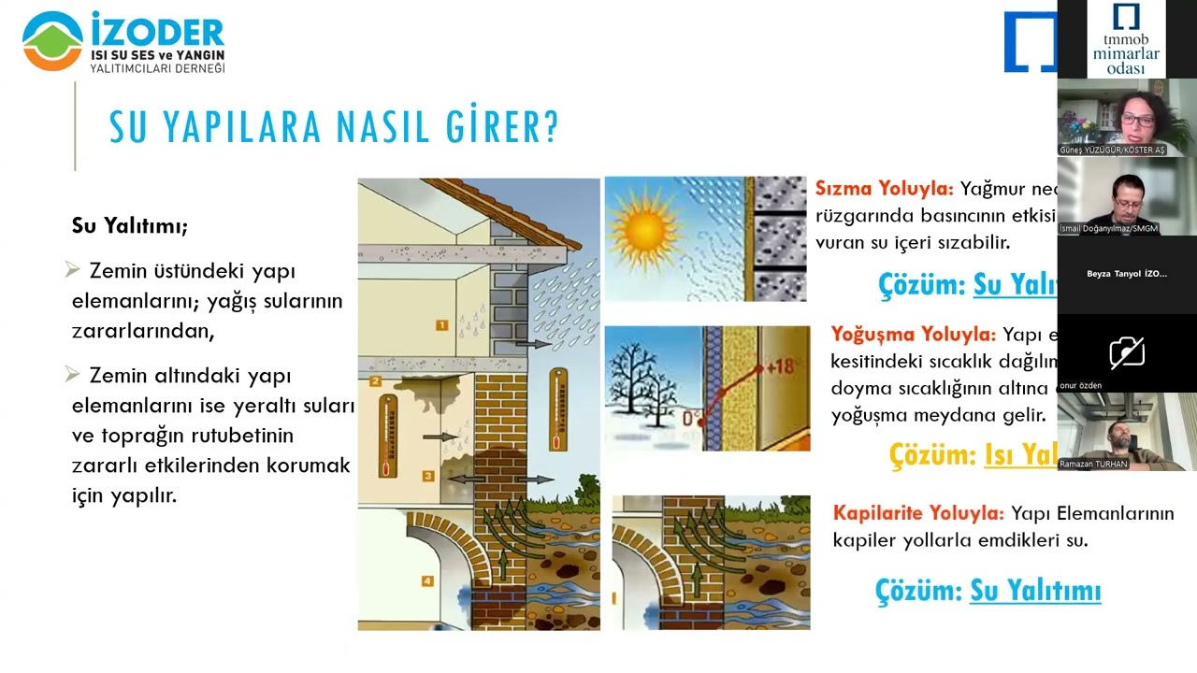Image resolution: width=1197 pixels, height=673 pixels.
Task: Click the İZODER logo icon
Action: tap(52, 40)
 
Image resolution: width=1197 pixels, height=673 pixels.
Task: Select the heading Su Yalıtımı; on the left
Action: tap(130, 226)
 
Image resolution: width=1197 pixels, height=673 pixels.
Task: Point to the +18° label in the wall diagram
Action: tap(779, 365)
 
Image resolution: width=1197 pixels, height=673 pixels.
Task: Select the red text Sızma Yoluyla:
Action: tap(884, 188)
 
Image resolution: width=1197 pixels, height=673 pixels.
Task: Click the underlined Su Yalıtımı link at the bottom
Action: tap(1034, 591)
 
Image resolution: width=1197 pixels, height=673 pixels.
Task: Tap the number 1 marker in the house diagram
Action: tap(440, 325)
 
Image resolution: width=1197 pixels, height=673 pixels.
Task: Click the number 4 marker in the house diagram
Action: tap(427, 581)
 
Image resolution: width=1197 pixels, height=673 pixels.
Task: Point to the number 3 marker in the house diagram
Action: tap(428, 476)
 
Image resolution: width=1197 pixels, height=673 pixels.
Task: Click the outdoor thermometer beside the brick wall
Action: tap(558, 408)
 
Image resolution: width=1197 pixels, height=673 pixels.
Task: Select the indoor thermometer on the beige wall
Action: tap(386, 436)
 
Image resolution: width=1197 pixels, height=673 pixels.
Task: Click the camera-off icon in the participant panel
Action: tap(1127, 352)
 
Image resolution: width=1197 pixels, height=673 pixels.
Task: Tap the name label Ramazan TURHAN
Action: tap(1093, 464)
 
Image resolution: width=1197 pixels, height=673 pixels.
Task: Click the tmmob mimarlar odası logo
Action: tap(1125, 39)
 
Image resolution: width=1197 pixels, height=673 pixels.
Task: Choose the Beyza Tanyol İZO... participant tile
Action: tap(1127, 274)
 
